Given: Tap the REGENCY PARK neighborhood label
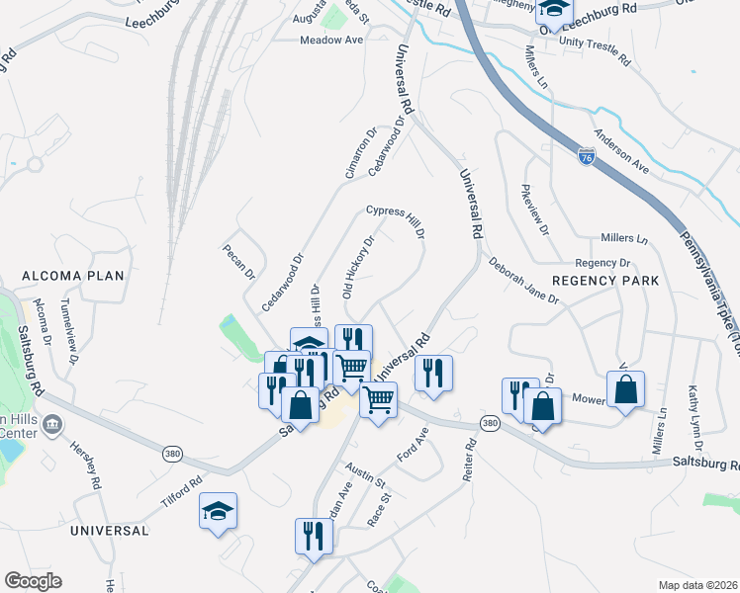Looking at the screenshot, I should click(x=604, y=281).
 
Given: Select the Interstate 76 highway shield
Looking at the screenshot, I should click(x=585, y=157).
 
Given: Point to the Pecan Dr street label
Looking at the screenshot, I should click(x=238, y=262).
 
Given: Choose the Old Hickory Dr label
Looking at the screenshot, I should click(x=357, y=267).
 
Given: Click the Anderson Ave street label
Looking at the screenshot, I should click(x=621, y=151).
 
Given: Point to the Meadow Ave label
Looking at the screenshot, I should click(x=332, y=40).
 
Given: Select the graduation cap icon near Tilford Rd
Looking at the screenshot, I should click(x=218, y=511).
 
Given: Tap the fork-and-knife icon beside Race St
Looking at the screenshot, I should click(x=314, y=537).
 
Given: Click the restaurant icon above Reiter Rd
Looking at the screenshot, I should click(x=433, y=373).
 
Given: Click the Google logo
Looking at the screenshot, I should click(x=33, y=581).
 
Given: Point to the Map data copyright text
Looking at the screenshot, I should click(x=697, y=585).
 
